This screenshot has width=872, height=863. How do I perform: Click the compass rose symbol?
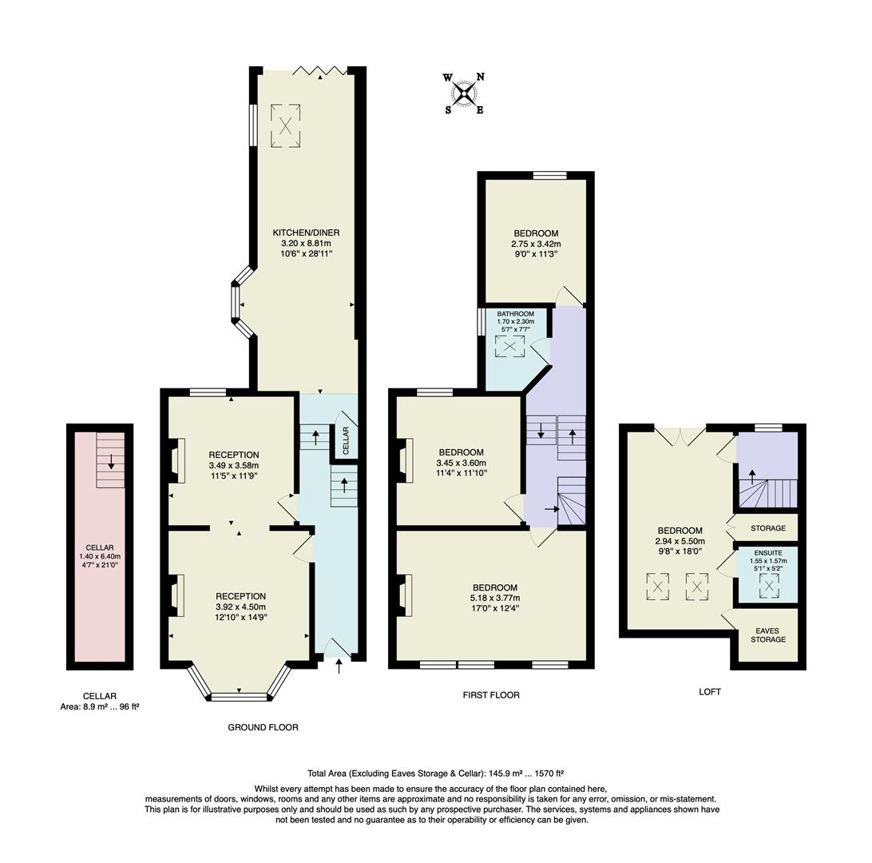coord(463,93)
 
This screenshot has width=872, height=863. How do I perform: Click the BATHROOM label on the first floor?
coord(515,314)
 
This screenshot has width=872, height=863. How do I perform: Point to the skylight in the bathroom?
coord(509,346)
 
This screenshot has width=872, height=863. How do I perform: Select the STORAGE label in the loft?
coord(767,528)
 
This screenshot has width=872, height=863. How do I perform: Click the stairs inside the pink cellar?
coord(110,460)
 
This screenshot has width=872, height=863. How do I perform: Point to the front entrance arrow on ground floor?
coord(339,666)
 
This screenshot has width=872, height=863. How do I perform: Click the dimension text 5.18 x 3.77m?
coord(494,598)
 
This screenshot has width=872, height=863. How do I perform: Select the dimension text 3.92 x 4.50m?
coord(240,606)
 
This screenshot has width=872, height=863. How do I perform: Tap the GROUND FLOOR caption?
coord(263,727)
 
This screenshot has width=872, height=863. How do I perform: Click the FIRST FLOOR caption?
coord(490,695)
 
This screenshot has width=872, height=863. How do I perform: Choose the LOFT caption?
coord(709,692)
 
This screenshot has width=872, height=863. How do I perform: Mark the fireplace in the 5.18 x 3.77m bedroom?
coord(403,596)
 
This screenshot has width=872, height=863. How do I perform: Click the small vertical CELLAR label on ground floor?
coord(346,442)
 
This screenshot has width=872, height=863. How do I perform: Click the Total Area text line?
coord(435,774)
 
